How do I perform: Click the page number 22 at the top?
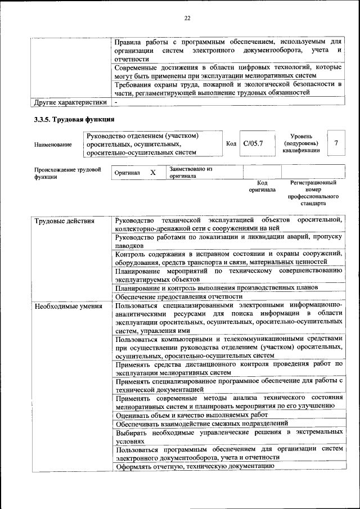point(187,18)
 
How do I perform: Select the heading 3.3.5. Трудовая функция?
point(74,119)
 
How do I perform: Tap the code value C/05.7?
point(253,144)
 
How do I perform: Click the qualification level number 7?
point(336,143)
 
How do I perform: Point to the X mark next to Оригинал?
point(152,173)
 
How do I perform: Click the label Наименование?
point(53,145)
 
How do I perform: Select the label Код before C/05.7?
point(231,144)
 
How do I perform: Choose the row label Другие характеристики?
point(70,103)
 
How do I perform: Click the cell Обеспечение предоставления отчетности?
point(178,296)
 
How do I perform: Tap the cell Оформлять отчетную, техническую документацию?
point(195,466)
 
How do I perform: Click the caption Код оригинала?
point(262,186)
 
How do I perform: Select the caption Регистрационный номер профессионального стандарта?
point(313,193)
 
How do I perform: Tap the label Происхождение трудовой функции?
point(67,173)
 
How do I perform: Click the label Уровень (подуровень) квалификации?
point(305,143)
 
